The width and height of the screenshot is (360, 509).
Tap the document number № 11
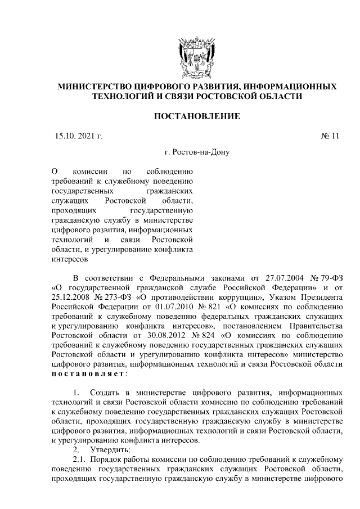pyautogui.click(x=330, y=135)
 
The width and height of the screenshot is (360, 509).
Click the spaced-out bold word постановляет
pyautogui.click(x=89, y=373)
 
